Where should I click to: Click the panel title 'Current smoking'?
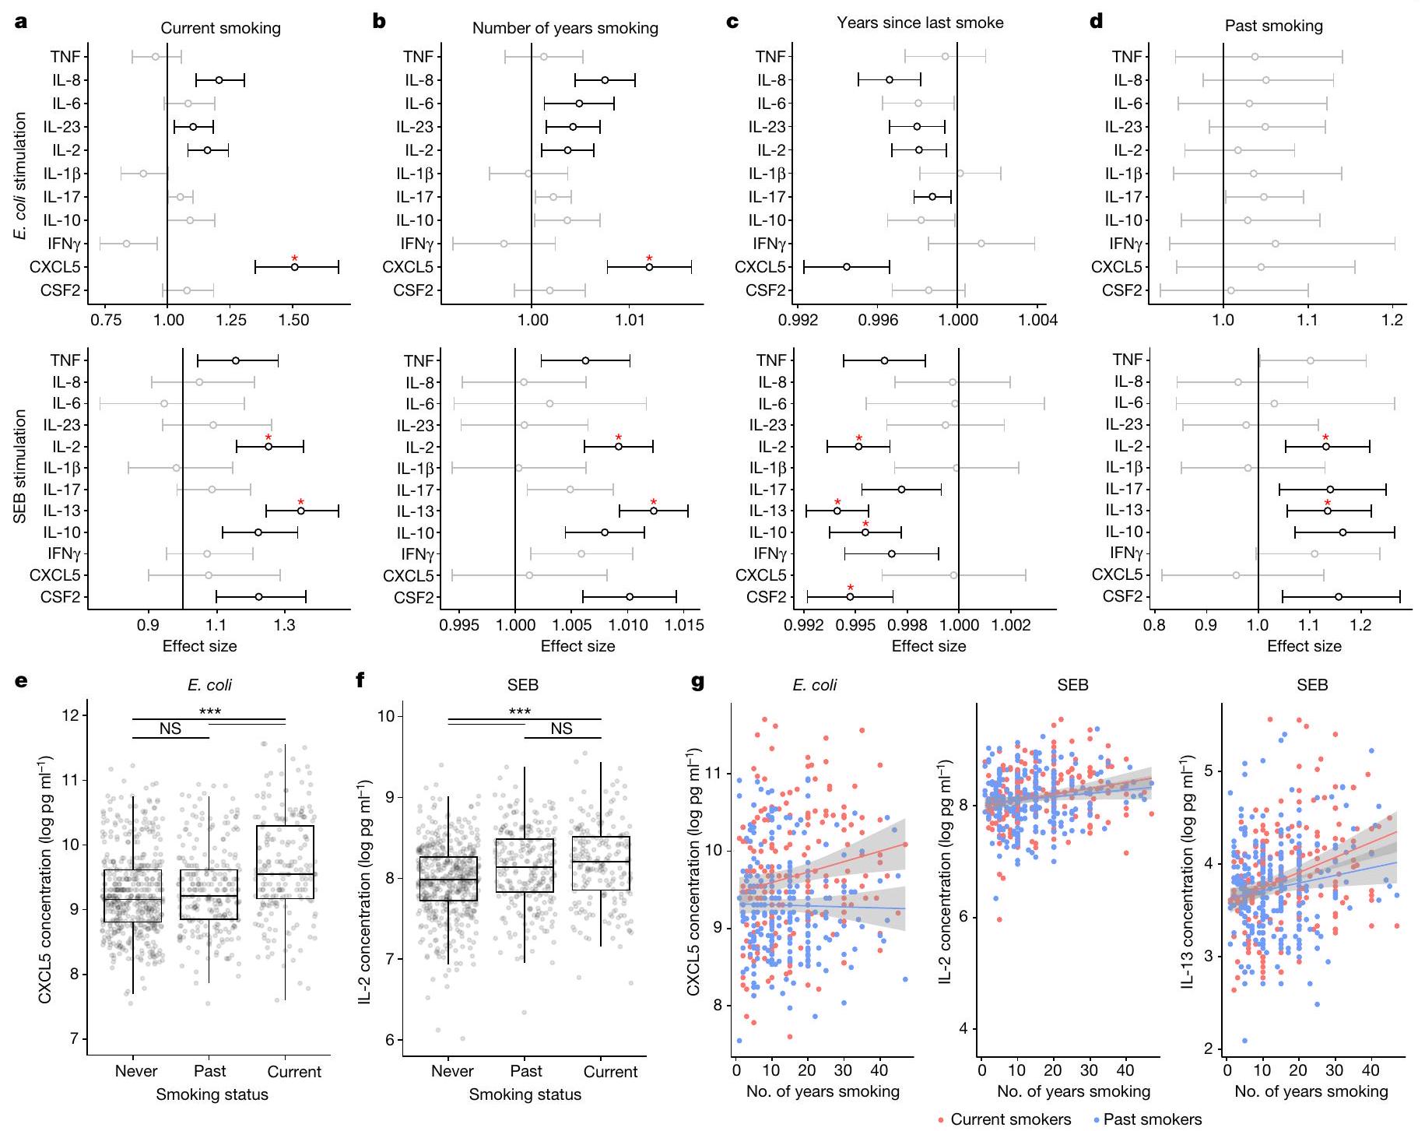(220, 29)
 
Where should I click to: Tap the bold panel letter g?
(698, 682)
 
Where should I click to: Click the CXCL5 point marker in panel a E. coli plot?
(295, 267)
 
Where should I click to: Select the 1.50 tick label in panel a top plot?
(293, 320)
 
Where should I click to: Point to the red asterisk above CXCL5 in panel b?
(649, 258)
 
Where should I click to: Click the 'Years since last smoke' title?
(920, 23)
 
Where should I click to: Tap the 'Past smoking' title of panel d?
(1273, 26)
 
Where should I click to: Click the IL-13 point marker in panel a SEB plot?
(300, 511)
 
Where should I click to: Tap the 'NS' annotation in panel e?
(170, 729)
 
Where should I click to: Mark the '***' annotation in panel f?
(520, 711)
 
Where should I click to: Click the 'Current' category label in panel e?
(294, 1072)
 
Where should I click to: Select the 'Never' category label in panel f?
(452, 1072)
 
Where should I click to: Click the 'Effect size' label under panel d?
(1304, 646)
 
